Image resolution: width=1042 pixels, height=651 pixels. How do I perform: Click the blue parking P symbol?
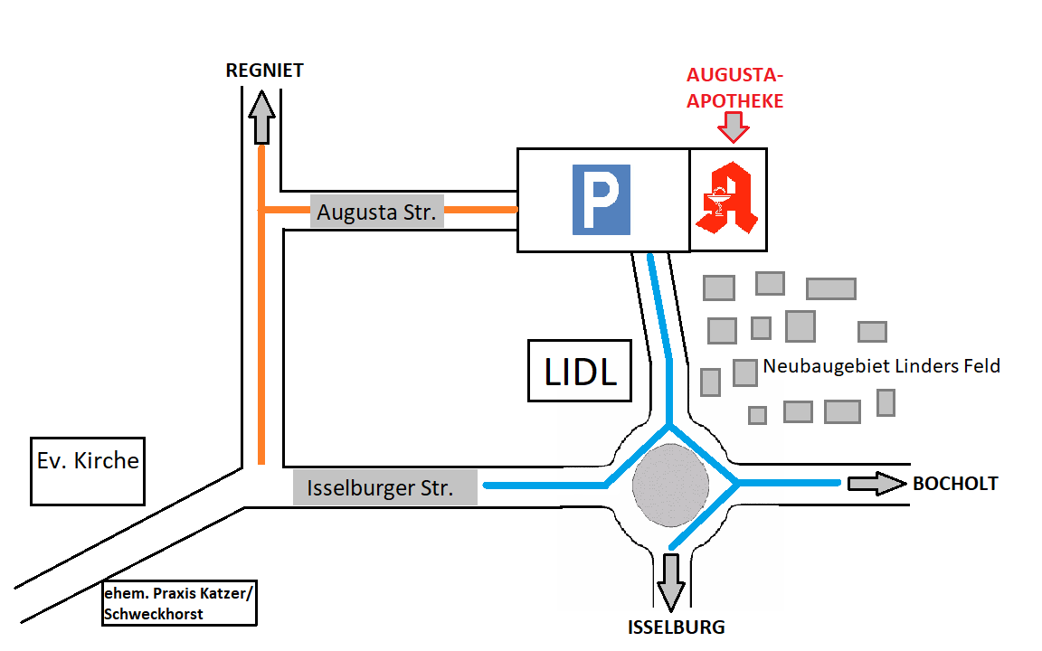point(601,200)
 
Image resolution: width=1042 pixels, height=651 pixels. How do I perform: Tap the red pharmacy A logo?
point(728,199)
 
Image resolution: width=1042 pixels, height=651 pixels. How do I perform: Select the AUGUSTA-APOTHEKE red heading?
point(734,88)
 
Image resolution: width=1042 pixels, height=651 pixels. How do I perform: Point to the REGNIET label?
point(264,71)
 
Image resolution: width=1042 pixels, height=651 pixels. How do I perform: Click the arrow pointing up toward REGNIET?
point(262,118)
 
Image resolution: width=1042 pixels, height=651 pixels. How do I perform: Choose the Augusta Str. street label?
point(376,213)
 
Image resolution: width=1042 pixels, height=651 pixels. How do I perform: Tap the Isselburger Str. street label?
point(380,489)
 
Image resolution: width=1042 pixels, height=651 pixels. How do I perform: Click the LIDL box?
point(580,371)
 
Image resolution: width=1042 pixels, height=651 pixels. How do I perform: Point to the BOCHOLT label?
point(954,484)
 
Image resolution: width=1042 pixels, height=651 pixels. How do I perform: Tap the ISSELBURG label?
point(677,627)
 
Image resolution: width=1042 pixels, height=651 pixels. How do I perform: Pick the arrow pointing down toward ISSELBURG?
point(670,581)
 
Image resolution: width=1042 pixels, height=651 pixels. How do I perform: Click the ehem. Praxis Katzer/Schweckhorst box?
point(180,602)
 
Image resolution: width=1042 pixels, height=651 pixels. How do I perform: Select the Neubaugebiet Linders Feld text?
point(881,366)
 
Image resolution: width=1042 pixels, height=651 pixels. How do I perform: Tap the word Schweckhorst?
point(154,614)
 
